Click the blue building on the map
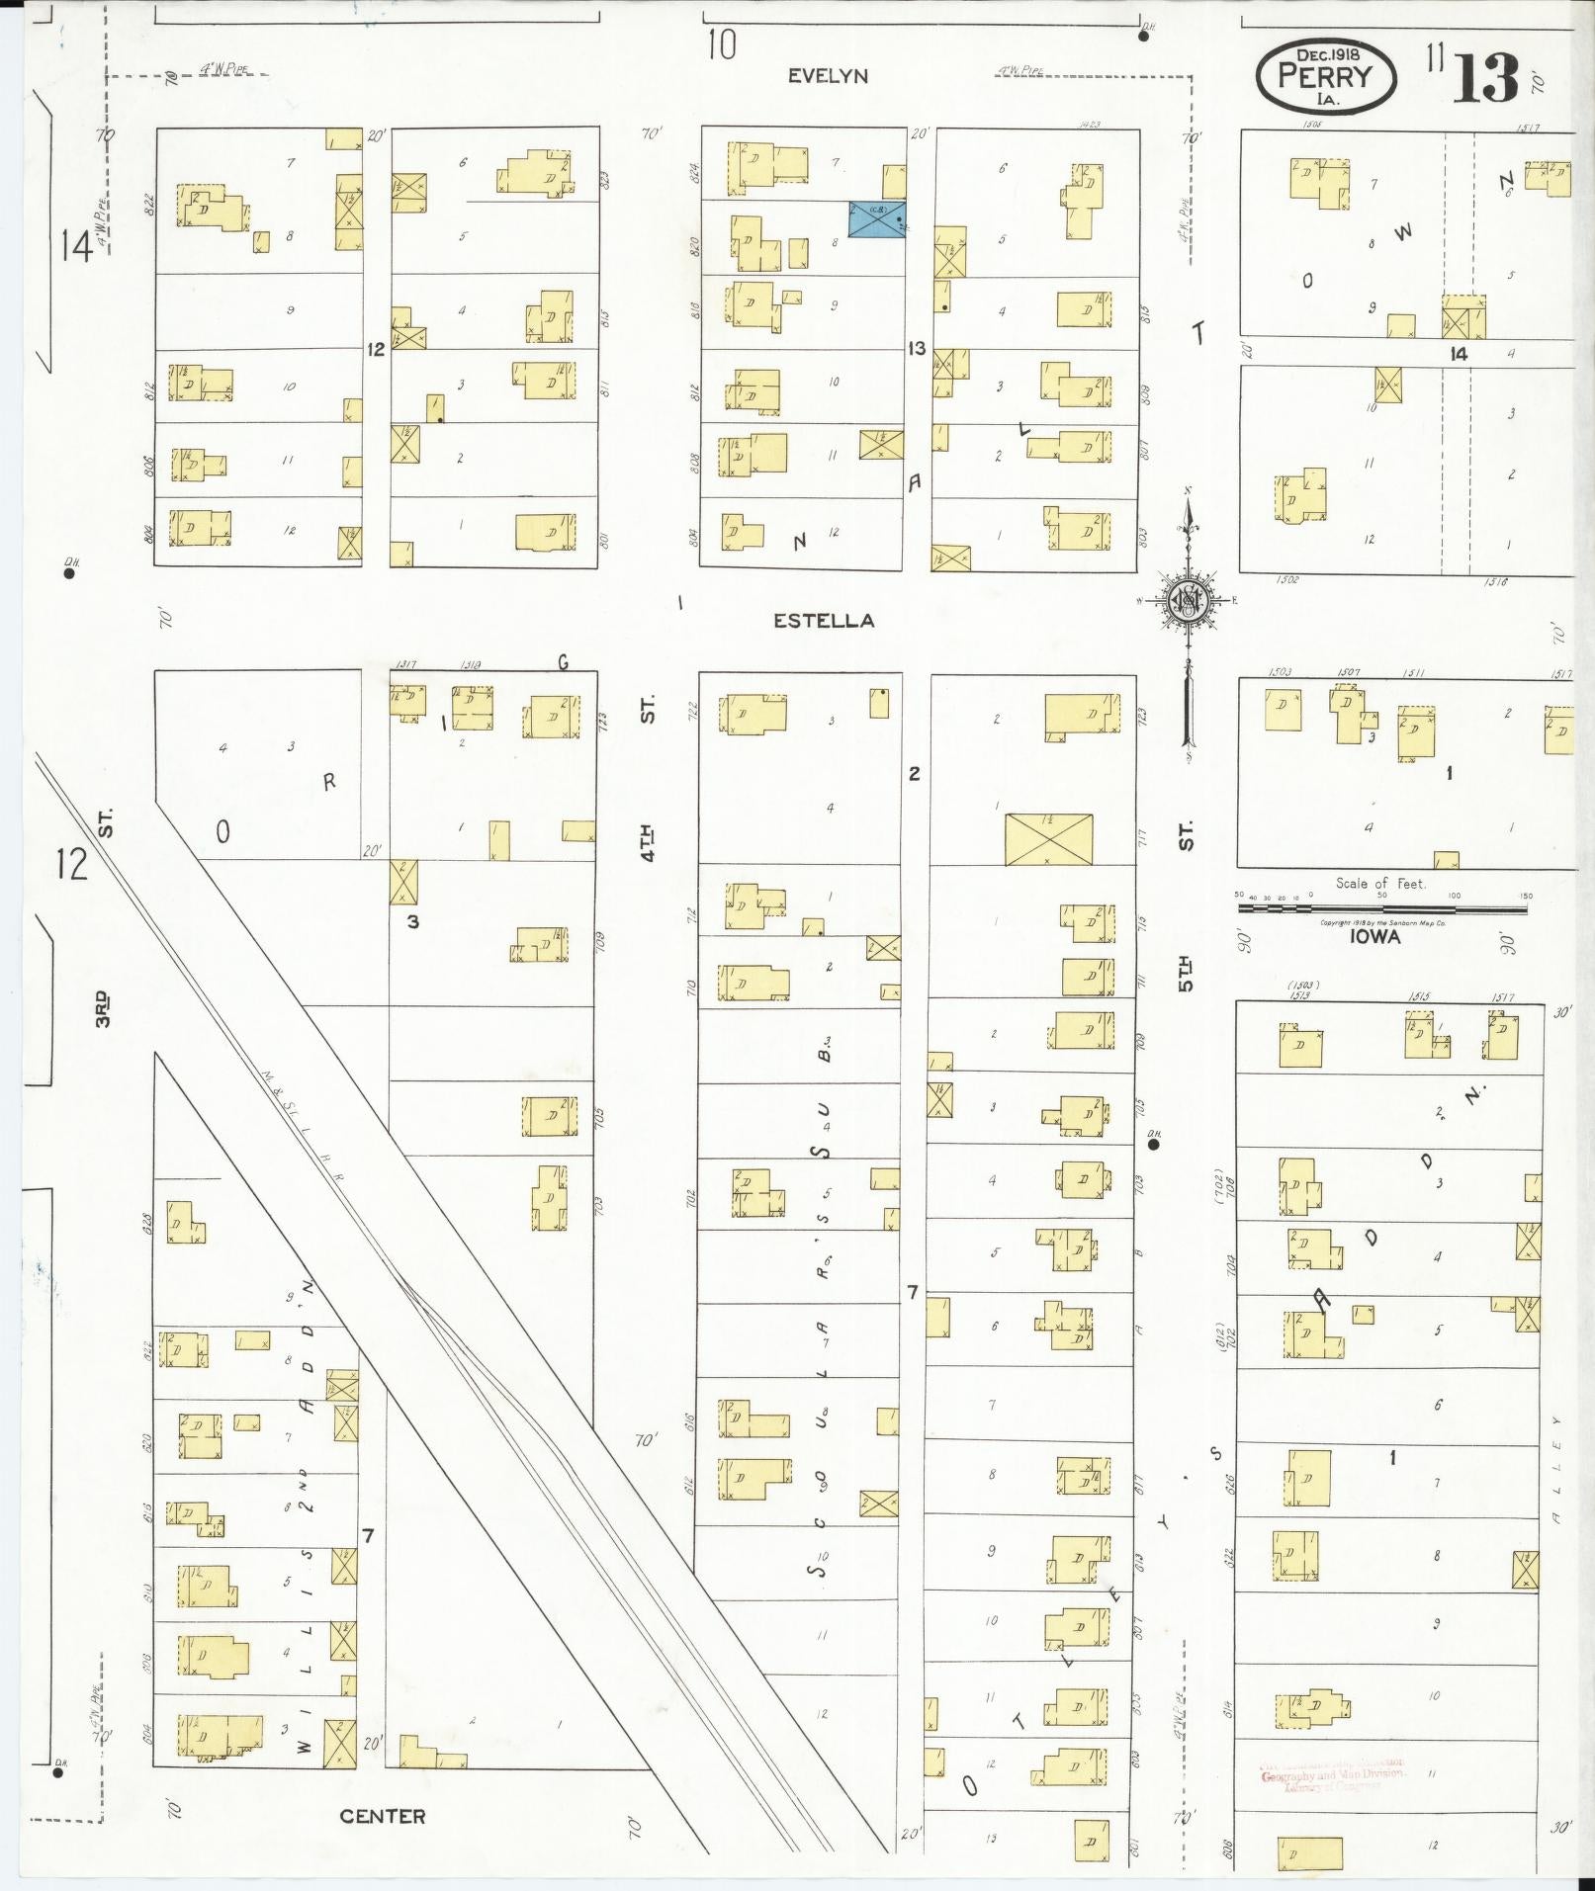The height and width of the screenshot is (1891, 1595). [x=877, y=218]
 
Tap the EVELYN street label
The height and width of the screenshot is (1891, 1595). [x=828, y=76]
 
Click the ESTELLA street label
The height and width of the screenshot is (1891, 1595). [x=824, y=621]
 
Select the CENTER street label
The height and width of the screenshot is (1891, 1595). [x=383, y=1816]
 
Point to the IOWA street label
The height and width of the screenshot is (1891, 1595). [x=1375, y=936]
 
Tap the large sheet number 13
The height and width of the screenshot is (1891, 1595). [x=1486, y=79]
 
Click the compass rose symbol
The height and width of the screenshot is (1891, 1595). [x=1187, y=601]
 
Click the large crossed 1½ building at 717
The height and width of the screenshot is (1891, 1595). [x=1048, y=839]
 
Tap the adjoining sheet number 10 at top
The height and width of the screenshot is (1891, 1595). [x=722, y=45]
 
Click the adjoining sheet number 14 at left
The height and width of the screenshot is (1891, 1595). [x=76, y=246]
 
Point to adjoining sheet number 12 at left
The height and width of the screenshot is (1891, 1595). [x=72, y=864]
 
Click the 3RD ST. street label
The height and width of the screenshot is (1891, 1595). [x=104, y=1008]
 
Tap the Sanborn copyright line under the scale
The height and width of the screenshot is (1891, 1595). [x=1381, y=922]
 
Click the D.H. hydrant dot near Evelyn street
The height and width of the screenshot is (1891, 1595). [x=1143, y=37]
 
